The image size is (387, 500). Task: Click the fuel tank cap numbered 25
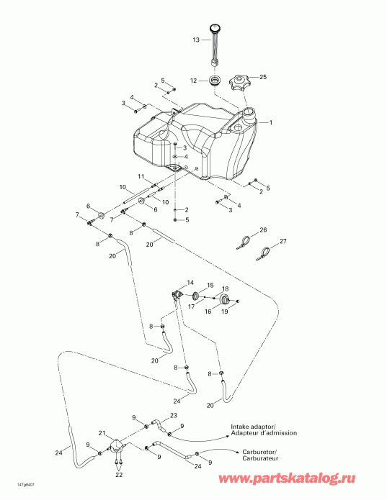[239, 83]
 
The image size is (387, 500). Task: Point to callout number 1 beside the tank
[271, 122]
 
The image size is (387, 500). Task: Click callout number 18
[225, 288]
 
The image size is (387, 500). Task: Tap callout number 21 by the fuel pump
[102, 433]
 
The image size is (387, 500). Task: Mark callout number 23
[173, 416]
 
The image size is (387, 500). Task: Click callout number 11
[141, 177]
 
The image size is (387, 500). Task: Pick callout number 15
[210, 286]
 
